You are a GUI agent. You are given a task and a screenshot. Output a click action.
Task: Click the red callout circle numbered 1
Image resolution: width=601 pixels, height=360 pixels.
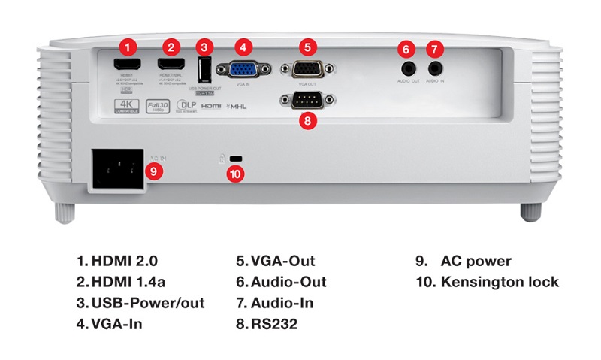point(131,47)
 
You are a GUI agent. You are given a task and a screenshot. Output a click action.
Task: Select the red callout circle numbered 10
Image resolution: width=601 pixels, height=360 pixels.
point(236,174)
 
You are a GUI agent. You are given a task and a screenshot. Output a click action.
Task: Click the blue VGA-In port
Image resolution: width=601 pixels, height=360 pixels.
point(240,69)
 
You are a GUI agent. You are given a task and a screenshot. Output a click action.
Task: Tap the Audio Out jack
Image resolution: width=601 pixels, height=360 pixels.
point(406,68)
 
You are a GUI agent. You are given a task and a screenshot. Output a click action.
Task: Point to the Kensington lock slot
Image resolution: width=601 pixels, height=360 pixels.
point(237,159)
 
